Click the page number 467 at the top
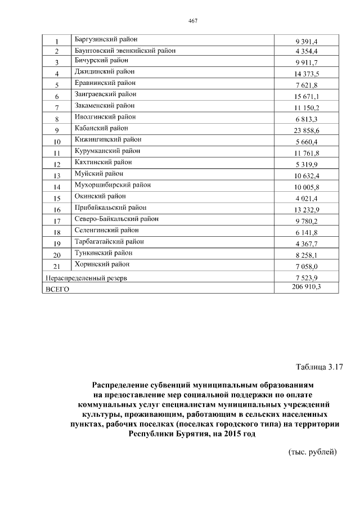(192, 21)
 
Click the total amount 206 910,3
(305, 287)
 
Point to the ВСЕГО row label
(56, 289)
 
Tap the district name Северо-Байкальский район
(116, 219)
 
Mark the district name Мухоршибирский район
(112, 185)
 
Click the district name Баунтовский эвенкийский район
(124, 51)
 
